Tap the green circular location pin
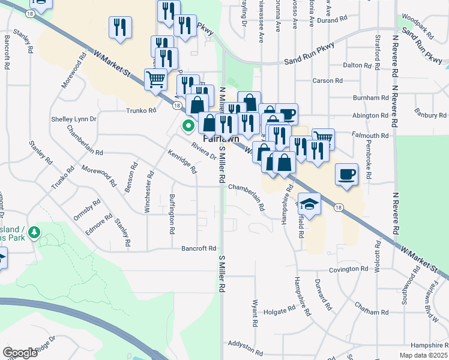pos(188,126)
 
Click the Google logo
pos(20,352)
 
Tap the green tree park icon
pos(35,232)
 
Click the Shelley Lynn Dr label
pos(74,119)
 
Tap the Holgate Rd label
pos(280,310)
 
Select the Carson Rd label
pos(327,80)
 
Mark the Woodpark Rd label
pos(418,17)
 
